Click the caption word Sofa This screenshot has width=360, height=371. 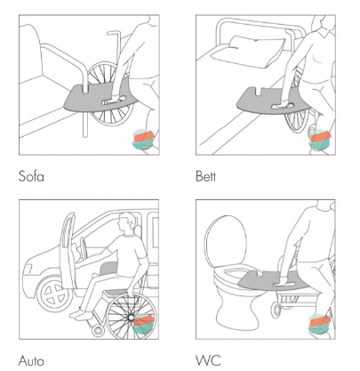point(31,176)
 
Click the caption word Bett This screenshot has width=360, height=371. point(205,176)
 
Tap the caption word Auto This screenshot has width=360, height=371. point(31,360)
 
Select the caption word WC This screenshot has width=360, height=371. point(208,360)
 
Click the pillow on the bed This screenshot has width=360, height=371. point(247,52)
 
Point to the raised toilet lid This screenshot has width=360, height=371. point(226,242)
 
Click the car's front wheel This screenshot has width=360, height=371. point(54,294)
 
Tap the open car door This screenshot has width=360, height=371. point(68,252)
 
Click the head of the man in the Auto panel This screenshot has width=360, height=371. point(127,223)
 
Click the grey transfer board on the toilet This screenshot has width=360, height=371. point(274,281)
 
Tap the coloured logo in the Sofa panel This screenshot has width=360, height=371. point(143,140)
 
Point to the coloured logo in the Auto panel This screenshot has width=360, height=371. point(143,324)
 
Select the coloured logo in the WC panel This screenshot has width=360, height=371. point(319,324)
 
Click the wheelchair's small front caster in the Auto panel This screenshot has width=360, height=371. point(98,330)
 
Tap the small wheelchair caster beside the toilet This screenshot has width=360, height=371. point(276,310)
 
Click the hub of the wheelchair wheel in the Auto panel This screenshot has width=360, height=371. point(131,318)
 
